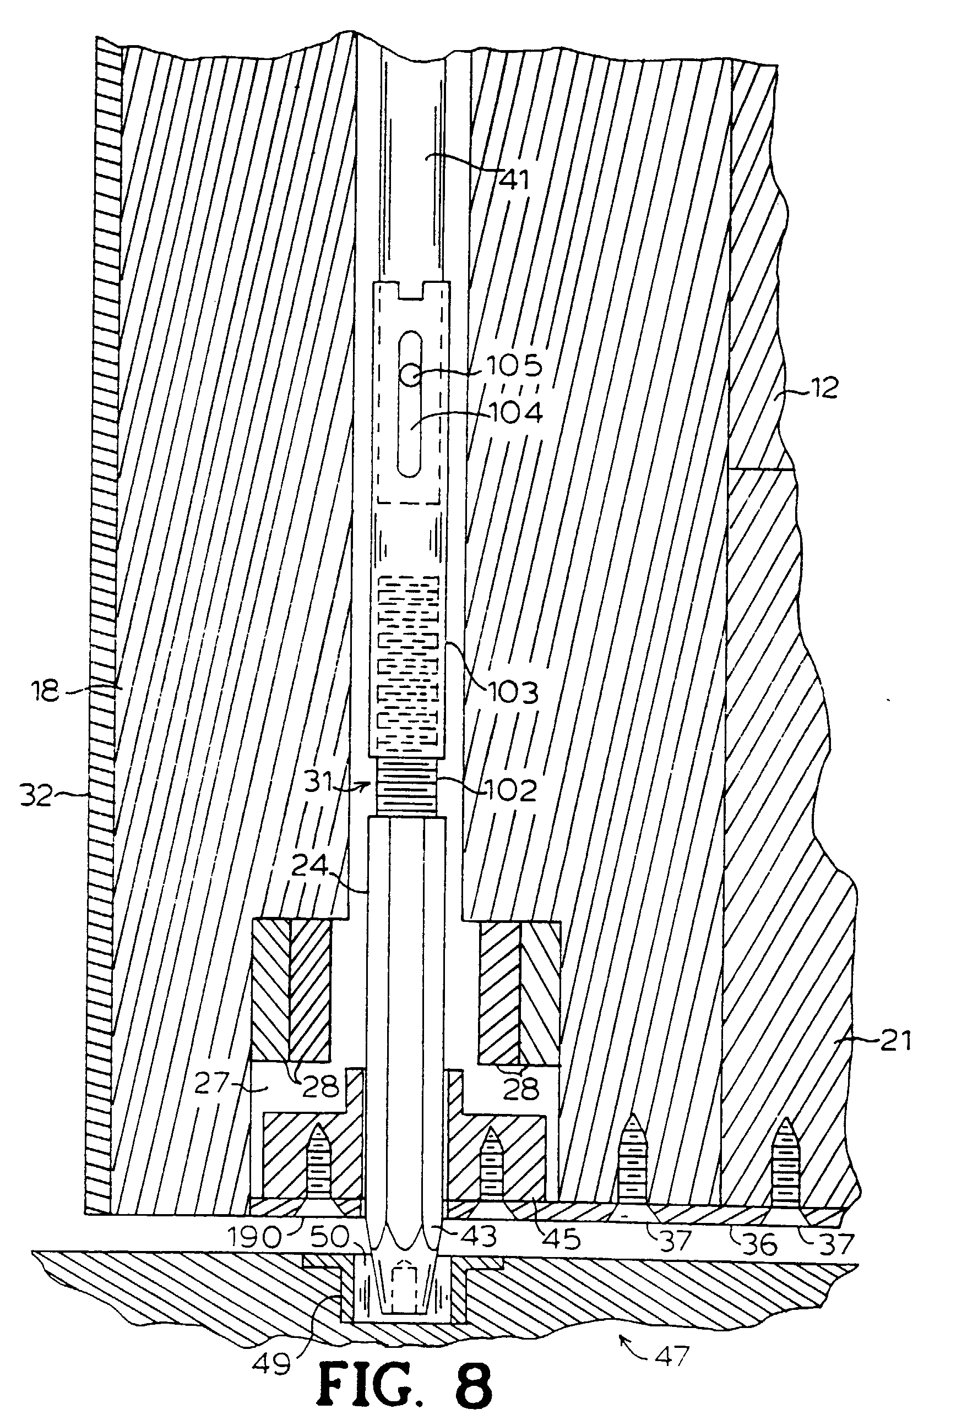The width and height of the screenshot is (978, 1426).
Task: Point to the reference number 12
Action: [x=821, y=388]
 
